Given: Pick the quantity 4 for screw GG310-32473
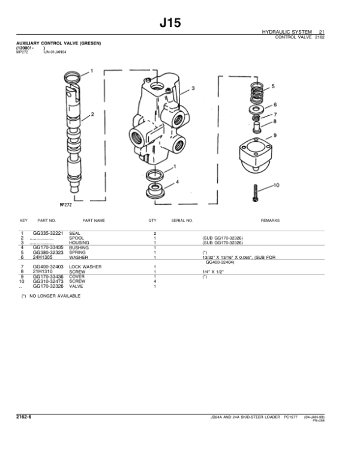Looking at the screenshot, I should (155, 281).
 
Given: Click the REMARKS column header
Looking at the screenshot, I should (270, 220).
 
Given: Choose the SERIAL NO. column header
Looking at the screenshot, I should (182, 220).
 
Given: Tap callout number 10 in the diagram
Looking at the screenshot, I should (277, 186).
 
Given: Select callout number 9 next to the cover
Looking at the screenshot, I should (275, 135).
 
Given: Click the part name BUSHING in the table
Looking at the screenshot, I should (79, 247).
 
